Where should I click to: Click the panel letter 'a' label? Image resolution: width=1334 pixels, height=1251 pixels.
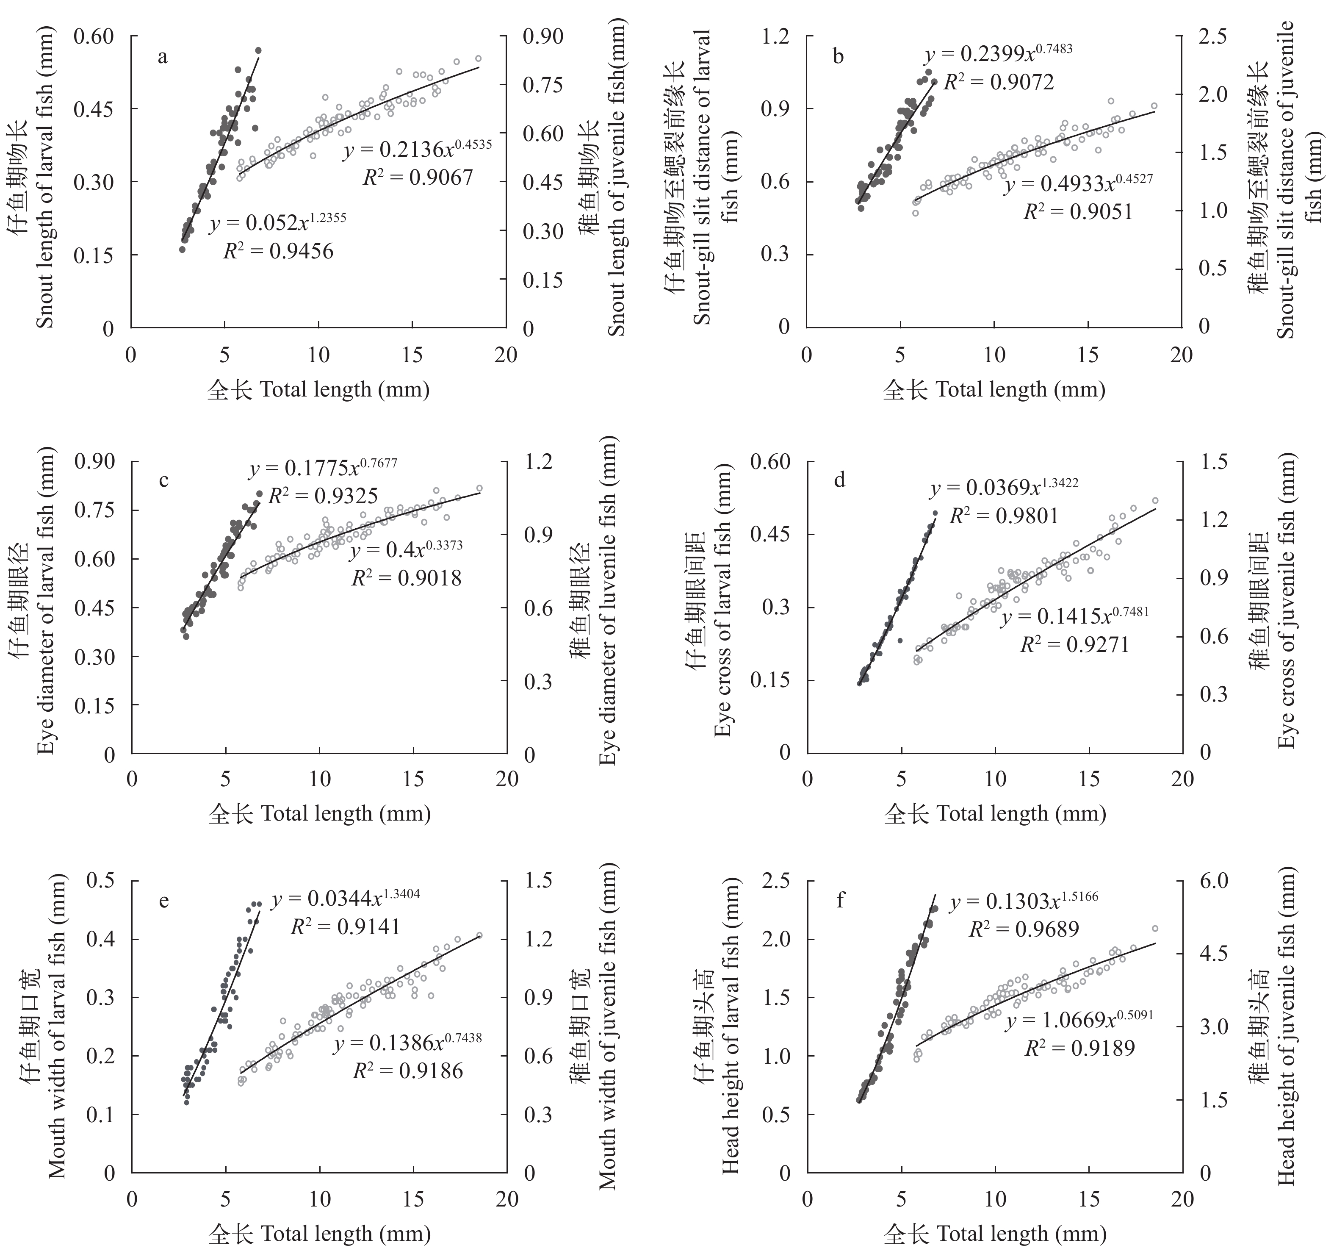162,57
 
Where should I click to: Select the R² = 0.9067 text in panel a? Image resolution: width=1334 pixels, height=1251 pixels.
418,177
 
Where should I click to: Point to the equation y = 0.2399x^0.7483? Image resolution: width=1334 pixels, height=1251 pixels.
998,54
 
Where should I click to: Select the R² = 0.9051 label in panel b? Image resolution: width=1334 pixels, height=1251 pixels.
1078,211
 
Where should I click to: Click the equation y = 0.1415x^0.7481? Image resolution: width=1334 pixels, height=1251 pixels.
1075,616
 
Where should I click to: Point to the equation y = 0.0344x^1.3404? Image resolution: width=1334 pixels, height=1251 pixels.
346,899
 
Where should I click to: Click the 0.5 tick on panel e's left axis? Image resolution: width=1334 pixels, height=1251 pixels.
101,881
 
